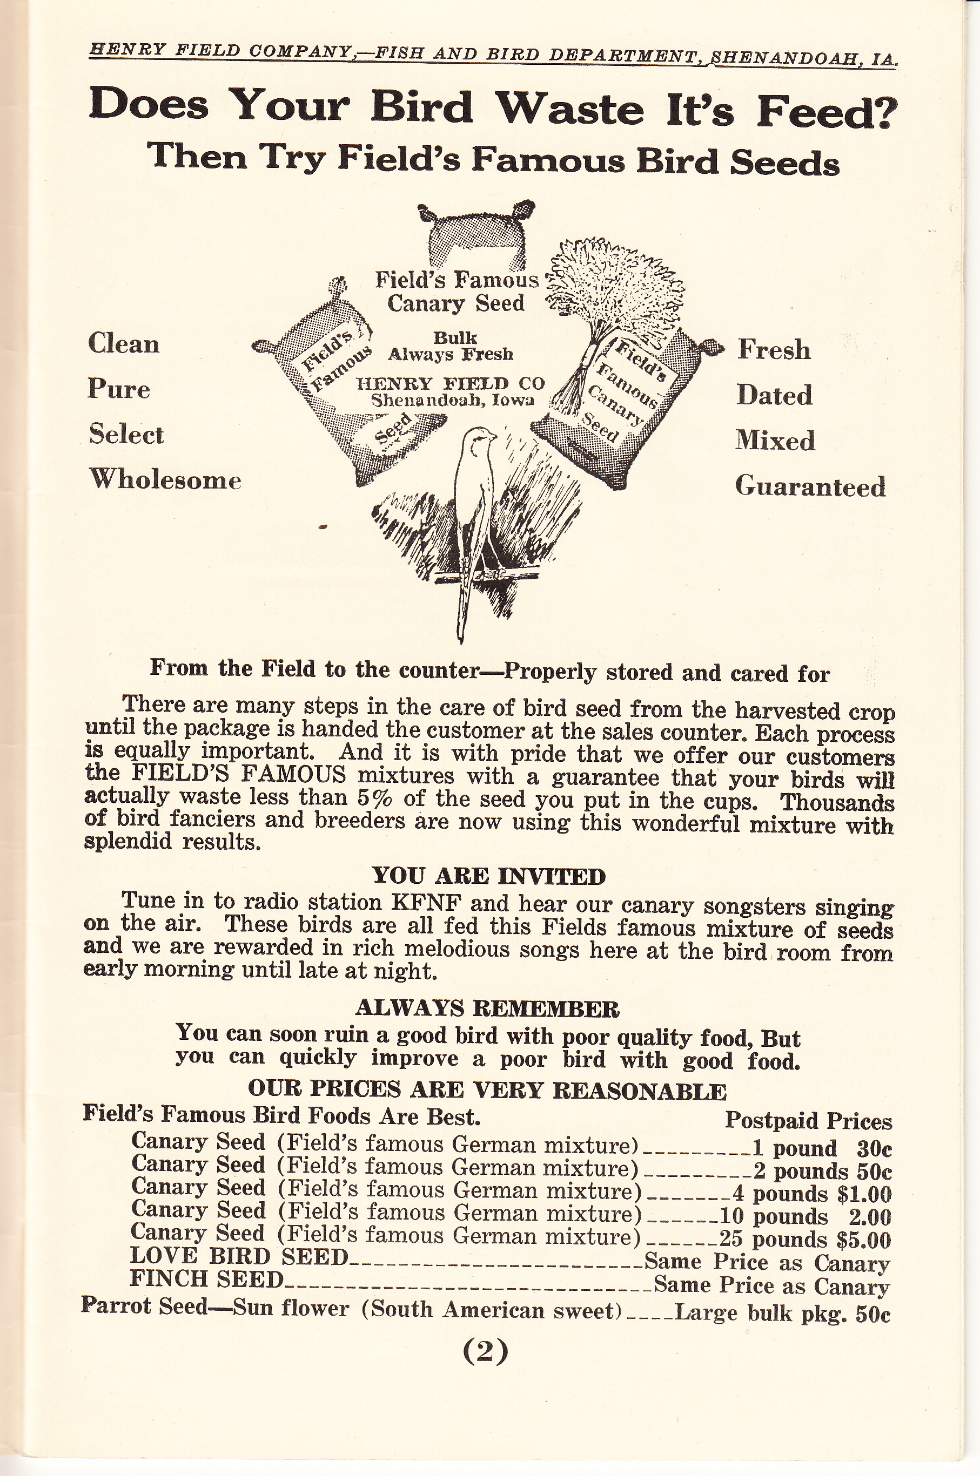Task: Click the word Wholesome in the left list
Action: [x=165, y=480]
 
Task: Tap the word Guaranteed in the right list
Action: [x=810, y=486]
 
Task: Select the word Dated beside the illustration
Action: [x=774, y=395]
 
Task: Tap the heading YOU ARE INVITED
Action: [x=489, y=876]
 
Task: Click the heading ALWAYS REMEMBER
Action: [x=487, y=1008]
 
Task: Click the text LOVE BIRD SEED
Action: [x=239, y=1256]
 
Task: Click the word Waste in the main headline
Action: [x=570, y=108]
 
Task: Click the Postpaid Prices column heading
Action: [x=808, y=1121]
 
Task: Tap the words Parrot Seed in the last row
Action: [x=144, y=1306]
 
